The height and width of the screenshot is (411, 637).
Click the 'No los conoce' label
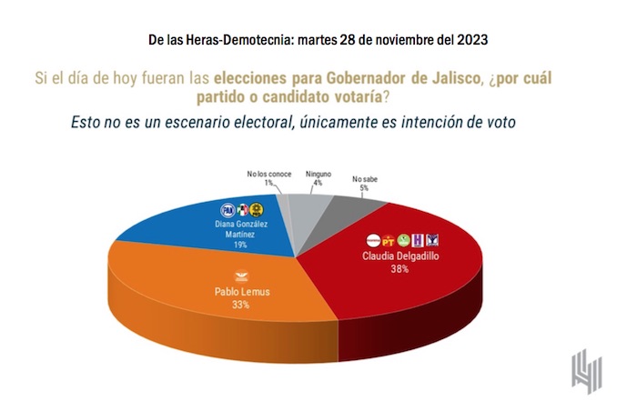tap(268, 173)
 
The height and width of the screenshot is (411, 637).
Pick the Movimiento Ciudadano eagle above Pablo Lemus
tap(241, 276)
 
